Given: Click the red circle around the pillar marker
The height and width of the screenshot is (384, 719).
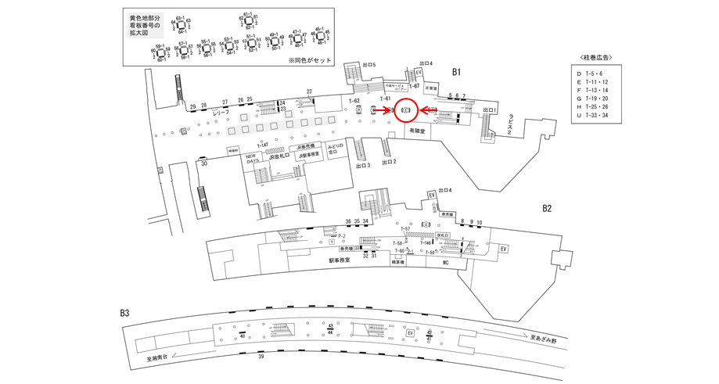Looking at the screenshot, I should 406,111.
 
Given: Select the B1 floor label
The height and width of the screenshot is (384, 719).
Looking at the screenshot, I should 457,72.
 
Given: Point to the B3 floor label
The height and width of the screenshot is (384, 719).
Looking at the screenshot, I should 124,313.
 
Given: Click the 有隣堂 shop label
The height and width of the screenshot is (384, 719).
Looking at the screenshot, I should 416,131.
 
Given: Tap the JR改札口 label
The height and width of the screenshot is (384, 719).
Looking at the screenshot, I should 278,156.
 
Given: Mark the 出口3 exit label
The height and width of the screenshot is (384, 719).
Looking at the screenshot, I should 362,166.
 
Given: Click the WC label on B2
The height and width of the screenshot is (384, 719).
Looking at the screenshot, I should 444,263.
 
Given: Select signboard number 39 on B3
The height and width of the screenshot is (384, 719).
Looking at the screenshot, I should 261,356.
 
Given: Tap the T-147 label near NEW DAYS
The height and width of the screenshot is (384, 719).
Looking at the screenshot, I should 262,145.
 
